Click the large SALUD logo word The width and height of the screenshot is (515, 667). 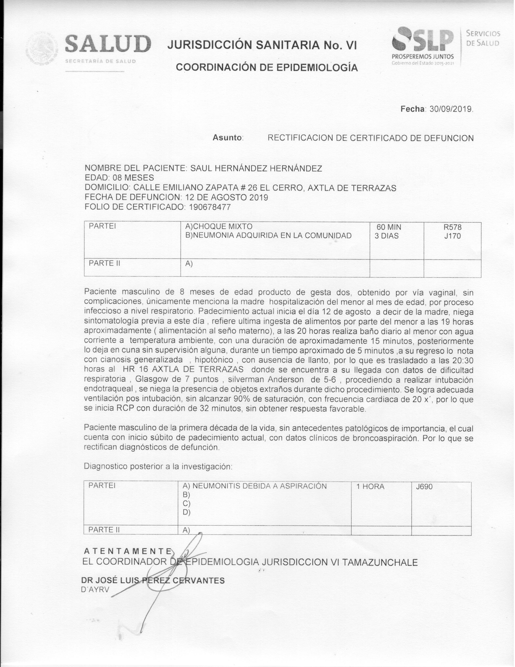point(108,44)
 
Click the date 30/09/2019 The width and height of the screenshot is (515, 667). point(451,109)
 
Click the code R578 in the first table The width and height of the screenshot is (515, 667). point(452,227)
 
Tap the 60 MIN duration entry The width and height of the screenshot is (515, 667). point(389,227)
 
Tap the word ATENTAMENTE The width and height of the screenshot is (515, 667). point(127,551)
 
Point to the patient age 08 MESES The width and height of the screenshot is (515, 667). point(133,177)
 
